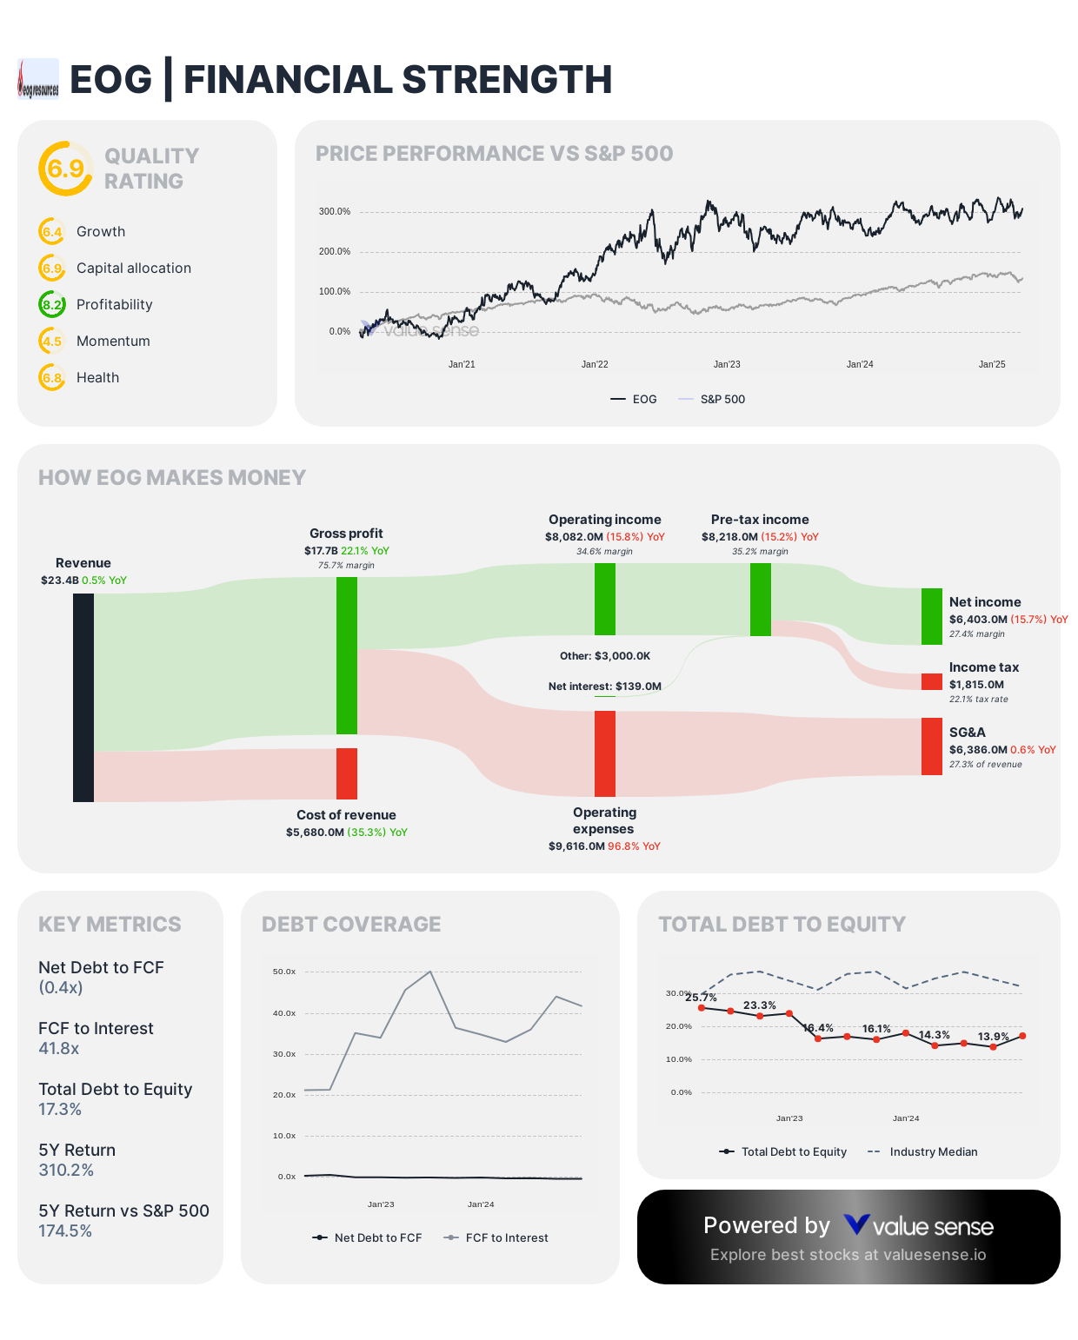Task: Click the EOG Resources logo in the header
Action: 38,79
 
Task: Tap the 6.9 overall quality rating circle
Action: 65,169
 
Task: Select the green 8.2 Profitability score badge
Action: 52,305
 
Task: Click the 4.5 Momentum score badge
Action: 52,342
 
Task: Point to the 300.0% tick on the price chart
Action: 335,212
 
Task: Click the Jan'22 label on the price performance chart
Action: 595,365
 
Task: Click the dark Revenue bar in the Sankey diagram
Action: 83,697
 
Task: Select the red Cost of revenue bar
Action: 347,773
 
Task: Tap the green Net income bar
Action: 931,616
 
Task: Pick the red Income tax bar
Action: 931,681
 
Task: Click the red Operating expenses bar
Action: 605,753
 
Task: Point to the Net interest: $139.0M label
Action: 604,687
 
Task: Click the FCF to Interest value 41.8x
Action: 59,1049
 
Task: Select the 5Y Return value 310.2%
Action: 66,1171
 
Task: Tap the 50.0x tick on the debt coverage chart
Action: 284,972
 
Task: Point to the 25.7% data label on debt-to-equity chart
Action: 701,998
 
